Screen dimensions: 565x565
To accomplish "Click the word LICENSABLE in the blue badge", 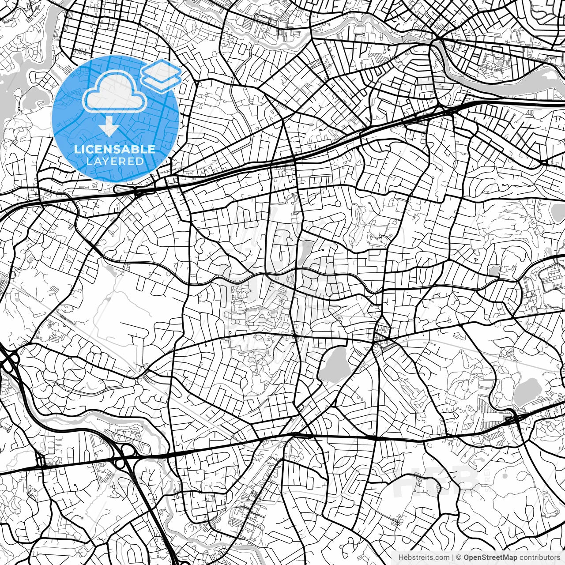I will coord(115,149).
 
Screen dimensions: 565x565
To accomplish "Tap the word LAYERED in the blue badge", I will coord(115,161).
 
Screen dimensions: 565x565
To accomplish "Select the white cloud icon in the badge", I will coord(115,93).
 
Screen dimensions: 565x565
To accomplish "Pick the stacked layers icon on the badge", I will coord(161,75).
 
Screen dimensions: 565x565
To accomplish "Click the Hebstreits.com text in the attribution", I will coord(423,557).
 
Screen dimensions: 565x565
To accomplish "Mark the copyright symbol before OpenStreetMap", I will coord(459,557).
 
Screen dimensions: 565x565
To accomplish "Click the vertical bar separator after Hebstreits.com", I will coord(452,557).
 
